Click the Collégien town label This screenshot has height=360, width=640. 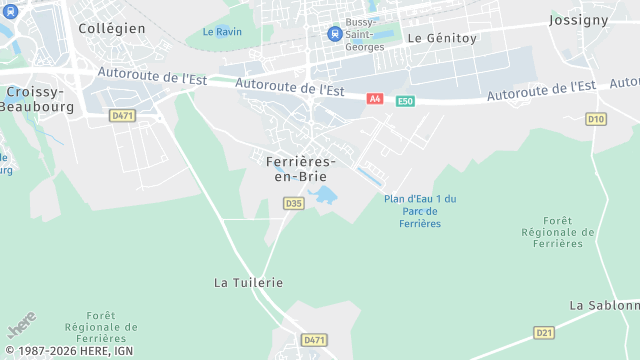point(112,28)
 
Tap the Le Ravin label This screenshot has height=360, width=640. point(222,32)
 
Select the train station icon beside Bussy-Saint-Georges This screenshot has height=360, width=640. point(333,34)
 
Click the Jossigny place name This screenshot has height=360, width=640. point(579,20)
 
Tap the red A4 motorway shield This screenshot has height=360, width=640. point(375,99)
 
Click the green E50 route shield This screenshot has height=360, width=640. point(404,101)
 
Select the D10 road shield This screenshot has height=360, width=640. point(597,119)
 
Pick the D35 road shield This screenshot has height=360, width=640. point(293,203)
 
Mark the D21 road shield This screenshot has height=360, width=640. point(544,332)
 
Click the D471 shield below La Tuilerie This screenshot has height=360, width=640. point(314,340)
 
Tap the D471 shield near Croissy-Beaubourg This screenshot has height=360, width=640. point(122,116)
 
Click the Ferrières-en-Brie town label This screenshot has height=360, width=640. point(300,168)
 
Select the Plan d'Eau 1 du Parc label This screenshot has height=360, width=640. point(420,210)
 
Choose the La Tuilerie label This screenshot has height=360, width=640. point(249,283)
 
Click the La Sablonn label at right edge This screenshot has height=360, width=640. point(603,305)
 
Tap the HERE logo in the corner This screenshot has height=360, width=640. point(20,328)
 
